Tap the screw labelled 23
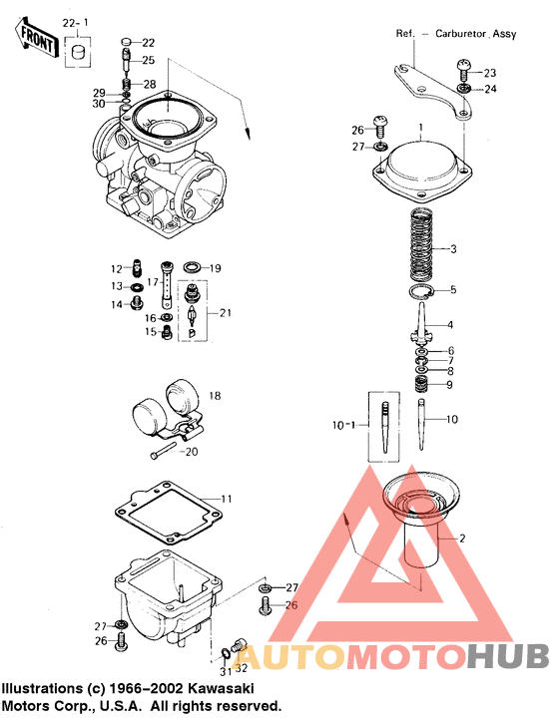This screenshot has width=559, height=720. (464, 70)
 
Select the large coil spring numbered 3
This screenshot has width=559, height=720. (421, 245)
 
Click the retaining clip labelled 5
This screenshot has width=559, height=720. (420, 291)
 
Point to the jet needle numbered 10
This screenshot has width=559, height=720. (420, 424)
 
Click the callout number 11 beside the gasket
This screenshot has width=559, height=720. (227, 499)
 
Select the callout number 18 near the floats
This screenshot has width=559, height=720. (215, 395)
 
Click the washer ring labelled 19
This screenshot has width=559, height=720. (192, 267)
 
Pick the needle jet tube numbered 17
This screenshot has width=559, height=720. (166, 285)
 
